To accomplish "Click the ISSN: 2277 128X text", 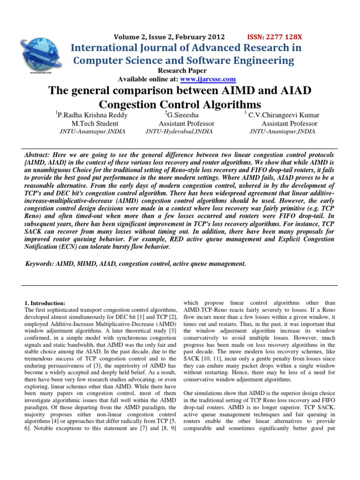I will point(274,37).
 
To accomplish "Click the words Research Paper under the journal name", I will point(180,71).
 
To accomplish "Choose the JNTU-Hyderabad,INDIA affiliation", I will point(180,132).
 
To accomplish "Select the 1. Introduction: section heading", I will point(45,303).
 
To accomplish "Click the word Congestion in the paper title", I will point(128,104).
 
